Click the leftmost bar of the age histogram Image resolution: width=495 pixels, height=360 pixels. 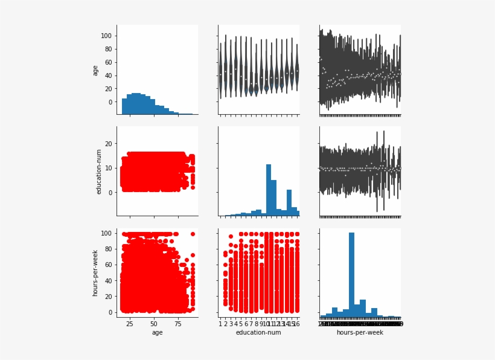coord(124,106)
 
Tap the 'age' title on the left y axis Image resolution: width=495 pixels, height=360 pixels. coord(95,70)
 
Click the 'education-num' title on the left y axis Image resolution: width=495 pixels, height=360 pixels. coord(99,172)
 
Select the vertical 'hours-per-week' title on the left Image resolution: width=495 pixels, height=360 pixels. coord(95,273)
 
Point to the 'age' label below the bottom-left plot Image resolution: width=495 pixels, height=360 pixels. coord(157,332)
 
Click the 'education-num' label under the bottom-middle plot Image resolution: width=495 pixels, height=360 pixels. coord(258,332)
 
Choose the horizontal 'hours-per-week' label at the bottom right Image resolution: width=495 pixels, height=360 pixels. coord(360,332)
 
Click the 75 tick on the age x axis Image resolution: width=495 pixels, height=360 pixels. coord(177,324)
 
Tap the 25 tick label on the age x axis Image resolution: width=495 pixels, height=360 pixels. coord(130,324)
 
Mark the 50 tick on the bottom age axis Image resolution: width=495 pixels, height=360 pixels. coord(153,324)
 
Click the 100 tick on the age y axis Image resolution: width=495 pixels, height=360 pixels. coord(107,36)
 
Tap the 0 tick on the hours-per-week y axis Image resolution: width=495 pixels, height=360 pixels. coord(110,312)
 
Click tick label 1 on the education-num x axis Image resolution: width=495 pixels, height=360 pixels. coord(220,324)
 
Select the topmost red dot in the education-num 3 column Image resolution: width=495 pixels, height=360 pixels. coord(231,236)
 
